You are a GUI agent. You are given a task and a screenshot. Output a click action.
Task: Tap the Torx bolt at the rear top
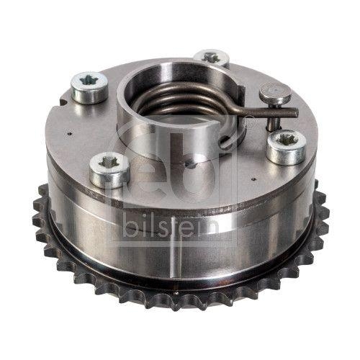pos(211,58)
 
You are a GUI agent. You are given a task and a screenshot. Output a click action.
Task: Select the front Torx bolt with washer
pos(110,166)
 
